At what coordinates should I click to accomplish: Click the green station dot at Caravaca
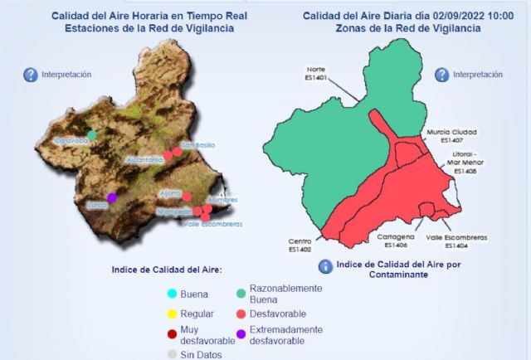92,135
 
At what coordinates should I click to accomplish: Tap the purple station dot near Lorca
112,197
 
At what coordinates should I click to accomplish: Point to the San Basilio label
197,146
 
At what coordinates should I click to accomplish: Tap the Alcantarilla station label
146,159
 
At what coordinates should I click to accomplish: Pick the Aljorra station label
169,193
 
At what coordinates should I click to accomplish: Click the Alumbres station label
222,200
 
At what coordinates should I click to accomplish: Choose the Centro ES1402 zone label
300,246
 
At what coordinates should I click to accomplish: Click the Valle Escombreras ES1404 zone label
456,241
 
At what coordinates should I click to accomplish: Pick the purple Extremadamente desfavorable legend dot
240,334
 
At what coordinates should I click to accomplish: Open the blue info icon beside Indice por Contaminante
325,266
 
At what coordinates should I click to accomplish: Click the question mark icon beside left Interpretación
31,75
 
